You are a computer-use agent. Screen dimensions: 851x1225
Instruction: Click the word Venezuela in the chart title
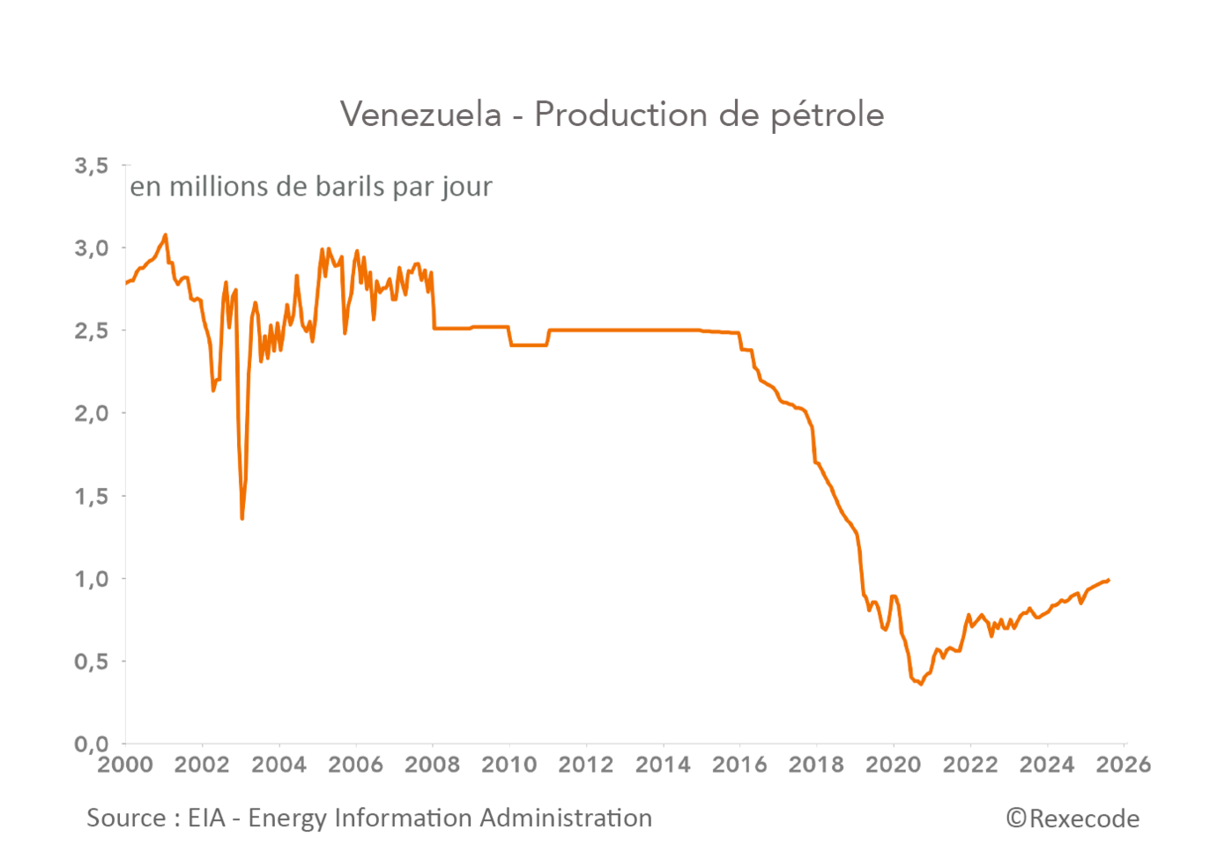click(420, 115)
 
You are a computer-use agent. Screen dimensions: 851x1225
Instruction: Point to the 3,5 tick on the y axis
click(92, 166)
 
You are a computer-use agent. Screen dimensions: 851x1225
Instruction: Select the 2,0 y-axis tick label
click(92, 413)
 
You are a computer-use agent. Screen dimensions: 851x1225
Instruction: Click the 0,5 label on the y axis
click(92, 662)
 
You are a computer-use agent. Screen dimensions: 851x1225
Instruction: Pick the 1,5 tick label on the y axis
click(92, 496)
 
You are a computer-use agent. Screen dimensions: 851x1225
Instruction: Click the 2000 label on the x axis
click(125, 765)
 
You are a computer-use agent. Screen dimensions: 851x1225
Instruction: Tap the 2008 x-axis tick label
click(432, 765)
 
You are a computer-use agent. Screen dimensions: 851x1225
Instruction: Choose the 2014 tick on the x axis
click(663, 765)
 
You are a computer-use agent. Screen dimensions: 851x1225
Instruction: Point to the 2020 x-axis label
click(893, 765)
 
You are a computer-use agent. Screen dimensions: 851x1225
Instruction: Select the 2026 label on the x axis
click(1123, 765)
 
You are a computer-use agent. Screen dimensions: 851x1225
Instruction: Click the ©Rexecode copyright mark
click(1073, 819)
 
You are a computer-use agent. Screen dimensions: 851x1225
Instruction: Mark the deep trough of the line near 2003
click(241, 518)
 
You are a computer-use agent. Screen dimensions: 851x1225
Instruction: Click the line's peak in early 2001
click(165, 235)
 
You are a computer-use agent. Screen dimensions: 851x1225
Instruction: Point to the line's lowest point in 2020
click(921, 684)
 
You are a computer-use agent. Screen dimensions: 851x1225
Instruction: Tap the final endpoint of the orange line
click(1109, 580)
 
